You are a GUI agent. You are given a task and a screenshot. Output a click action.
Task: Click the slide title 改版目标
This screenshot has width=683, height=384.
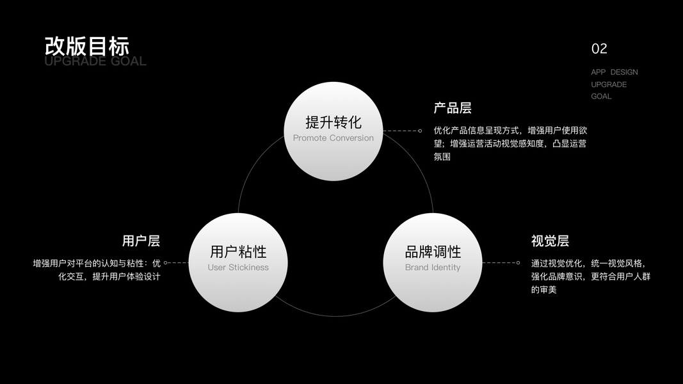pyautogui.click(x=87, y=46)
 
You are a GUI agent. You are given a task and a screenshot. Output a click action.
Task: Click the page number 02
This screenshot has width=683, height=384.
pyautogui.click(x=599, y=49)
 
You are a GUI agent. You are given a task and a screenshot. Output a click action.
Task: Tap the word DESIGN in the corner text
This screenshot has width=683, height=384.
pyautogui.click(x=623, y=72)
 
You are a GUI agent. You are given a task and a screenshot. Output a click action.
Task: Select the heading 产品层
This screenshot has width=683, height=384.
pyautogui.click(x=452, y=108)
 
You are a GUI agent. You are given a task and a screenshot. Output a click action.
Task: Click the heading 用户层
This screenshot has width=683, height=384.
pyautogui.click(x=141, y=241)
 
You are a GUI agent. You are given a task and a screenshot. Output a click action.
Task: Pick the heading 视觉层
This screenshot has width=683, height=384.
pyautogui.click(x=550, y=241)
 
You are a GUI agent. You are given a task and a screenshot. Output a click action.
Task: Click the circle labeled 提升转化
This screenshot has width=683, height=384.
pyautogui.click(x=333, y=131)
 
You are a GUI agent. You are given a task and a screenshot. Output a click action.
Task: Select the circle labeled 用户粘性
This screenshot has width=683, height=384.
pyautogui.click(x=238, y=262)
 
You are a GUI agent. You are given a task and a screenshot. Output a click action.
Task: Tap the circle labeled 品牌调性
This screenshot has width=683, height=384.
pyautogui.click(x=433, y=262)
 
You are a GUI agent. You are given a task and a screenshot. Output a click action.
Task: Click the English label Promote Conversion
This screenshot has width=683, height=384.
pyautogui.click(x=333, y=138)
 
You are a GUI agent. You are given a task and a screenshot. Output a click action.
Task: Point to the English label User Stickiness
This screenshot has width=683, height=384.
pyautogui.click(x=238, y=268)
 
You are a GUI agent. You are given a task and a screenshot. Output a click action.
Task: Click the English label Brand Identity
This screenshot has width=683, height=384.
pyautogui.click(x=433, y=268)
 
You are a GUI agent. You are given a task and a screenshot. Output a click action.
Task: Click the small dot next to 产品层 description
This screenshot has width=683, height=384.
pyautogui.click(x=420, y=131)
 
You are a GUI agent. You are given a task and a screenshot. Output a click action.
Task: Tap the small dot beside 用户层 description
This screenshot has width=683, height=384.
pyautogui.click(x=165, y=262)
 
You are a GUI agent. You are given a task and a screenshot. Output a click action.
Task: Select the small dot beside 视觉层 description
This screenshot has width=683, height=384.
pyautogui.click(x=518, y=262)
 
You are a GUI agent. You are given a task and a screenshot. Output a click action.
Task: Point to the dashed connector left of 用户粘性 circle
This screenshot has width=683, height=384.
pyautogui.click(x=179, y=262)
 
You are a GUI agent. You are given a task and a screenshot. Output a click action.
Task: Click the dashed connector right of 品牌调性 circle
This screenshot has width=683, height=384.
pyautogui.click(x=499, y=262)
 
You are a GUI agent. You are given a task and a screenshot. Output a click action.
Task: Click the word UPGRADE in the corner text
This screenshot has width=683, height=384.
pyautogui.click(x=609, y=84)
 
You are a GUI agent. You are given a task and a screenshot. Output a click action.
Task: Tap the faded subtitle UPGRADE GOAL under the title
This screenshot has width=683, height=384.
pyautogui.click(x=95, y=61)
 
